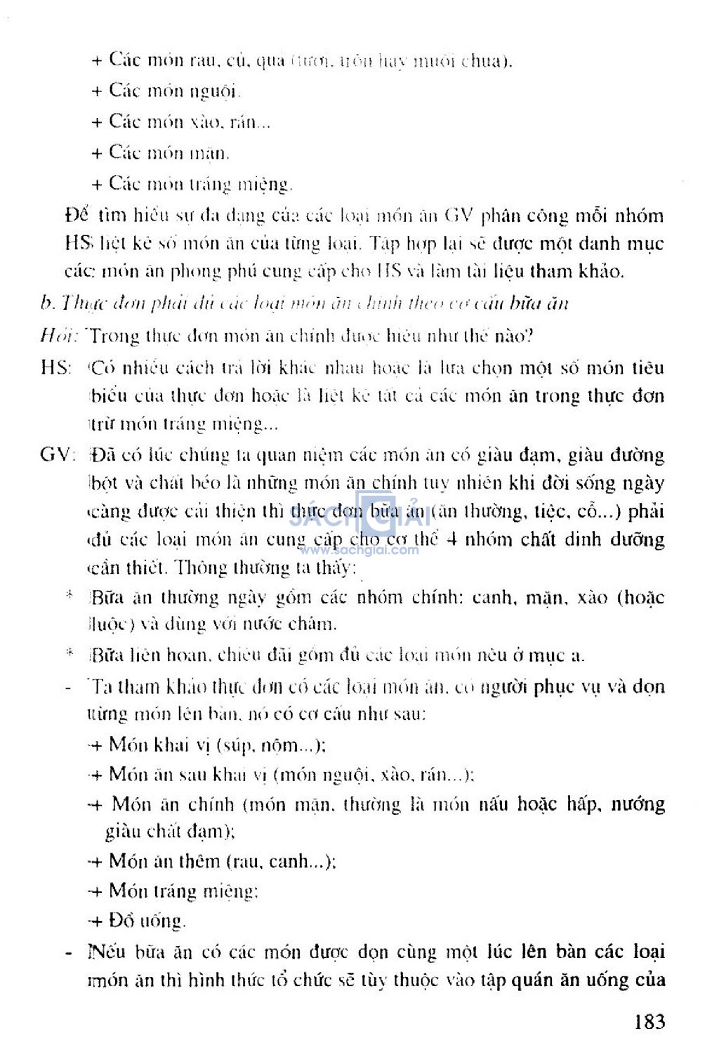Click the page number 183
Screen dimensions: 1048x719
point(649,1021)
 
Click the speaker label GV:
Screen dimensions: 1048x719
point(58,454)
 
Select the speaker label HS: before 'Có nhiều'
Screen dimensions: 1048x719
point(56,367)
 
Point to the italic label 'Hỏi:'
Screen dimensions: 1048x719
point(58,336)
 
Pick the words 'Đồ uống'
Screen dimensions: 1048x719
point(146,920)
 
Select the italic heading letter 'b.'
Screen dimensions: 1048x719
point(47,303)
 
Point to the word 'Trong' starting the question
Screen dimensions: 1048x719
point(114,336)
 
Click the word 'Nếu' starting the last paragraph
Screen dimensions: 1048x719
point(103,952)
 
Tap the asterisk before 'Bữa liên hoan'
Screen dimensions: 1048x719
point(70,653)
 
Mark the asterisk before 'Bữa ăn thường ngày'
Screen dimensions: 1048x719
point(70,596)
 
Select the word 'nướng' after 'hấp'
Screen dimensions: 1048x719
point(637,804)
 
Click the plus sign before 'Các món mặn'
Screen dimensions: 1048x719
point(97,153)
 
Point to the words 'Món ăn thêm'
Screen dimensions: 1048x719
point(164,861)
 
